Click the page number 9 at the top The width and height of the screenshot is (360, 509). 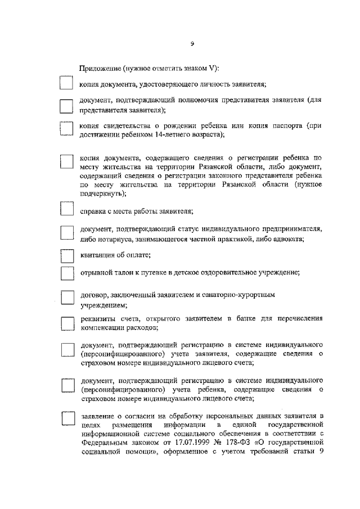192,44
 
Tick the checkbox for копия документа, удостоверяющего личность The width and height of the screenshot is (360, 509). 66,83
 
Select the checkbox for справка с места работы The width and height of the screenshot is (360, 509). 66,209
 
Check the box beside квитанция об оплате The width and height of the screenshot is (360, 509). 66,256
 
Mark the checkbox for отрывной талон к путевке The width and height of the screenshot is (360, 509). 66,273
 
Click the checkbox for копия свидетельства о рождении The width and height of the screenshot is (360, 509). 66,129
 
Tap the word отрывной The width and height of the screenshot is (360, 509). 96,273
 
